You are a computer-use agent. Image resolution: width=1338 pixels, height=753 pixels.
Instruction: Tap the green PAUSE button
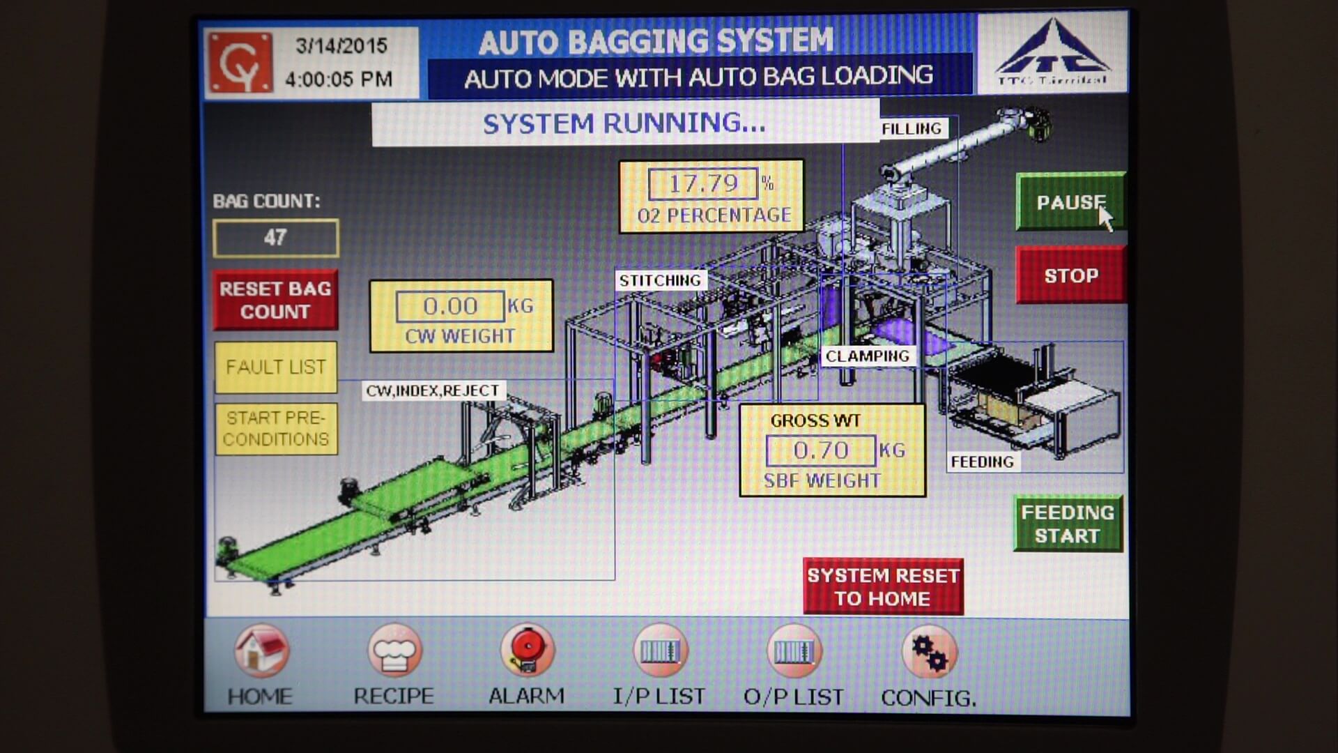1070,202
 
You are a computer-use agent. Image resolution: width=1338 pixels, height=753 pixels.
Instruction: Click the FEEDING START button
1068,524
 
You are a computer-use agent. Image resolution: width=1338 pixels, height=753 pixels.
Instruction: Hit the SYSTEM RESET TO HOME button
883,586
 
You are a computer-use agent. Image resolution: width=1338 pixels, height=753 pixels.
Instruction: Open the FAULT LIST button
276,367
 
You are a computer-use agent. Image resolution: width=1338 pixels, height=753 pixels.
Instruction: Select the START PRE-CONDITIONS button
276,429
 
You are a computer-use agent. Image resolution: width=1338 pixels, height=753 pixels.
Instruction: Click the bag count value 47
276,238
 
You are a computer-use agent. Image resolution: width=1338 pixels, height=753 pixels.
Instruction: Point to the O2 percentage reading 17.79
702,184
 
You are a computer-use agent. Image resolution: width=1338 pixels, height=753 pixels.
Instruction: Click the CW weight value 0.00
450,306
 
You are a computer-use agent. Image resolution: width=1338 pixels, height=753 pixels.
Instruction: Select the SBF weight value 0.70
820,450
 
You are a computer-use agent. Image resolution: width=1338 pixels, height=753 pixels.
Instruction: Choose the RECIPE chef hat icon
394,651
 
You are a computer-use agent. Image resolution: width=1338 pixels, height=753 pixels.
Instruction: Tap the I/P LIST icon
659,651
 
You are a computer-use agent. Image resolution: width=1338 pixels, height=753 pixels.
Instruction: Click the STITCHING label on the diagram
660,280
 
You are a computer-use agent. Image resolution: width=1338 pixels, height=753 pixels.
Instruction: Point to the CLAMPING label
868,356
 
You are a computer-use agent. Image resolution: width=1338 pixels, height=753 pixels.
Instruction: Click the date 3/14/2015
341,46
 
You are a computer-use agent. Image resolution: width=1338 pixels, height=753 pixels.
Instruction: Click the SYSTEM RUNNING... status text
624,123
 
